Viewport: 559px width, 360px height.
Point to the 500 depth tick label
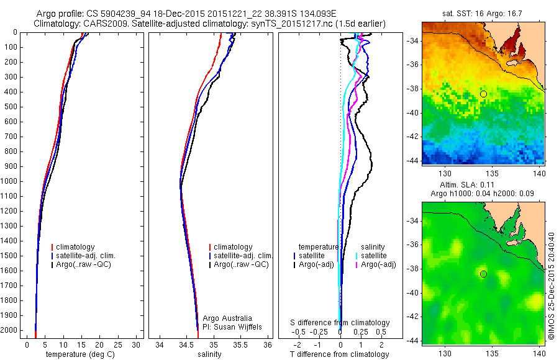tap(11, 107)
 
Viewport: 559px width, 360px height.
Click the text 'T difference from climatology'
tap(340, 354)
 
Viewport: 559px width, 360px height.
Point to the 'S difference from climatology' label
tap(340, 323)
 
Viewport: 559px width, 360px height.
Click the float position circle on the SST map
tap(483, 94)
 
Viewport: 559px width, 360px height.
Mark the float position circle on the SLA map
tap(483, 274)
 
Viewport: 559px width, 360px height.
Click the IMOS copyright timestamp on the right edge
tap(551, 286)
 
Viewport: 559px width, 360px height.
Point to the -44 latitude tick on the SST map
tap(413, 160)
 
